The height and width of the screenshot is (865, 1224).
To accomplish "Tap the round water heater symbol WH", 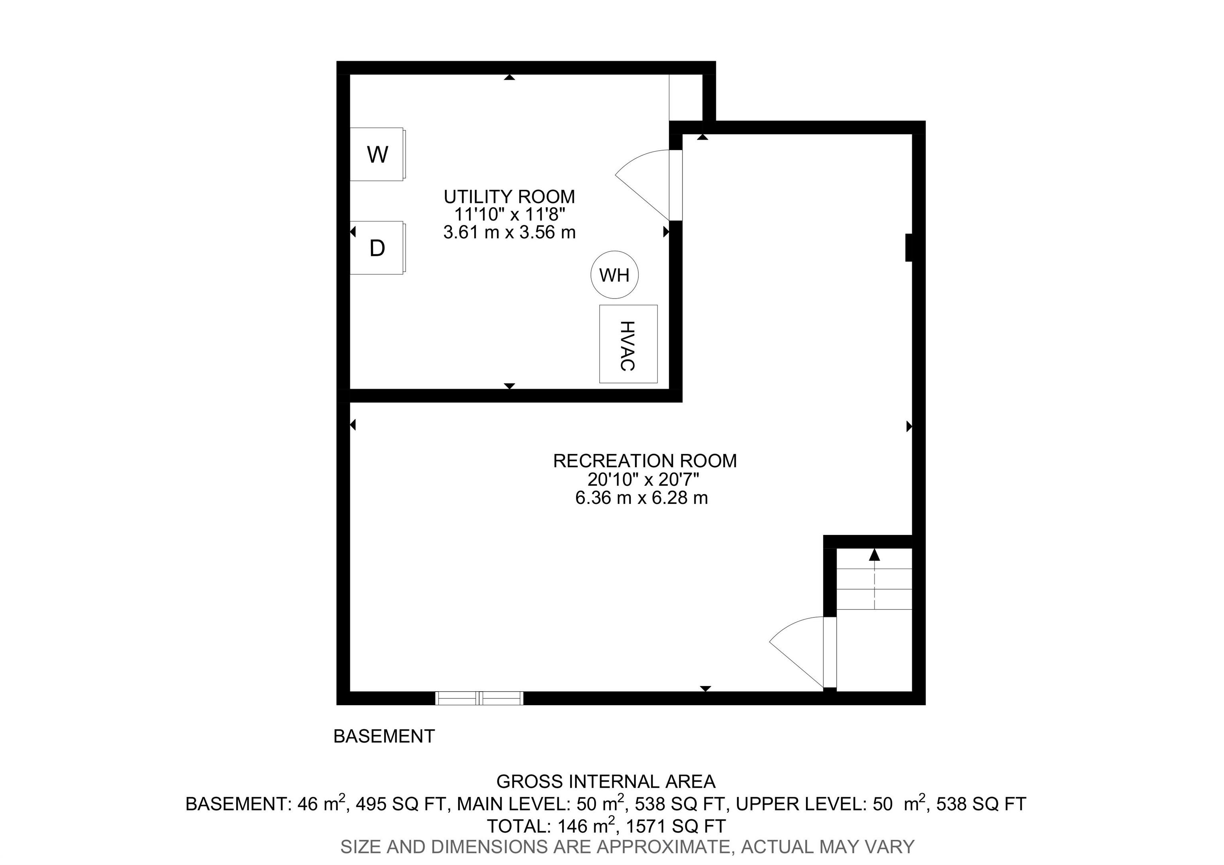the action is (615, 275).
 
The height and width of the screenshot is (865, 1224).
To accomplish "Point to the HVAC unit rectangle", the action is (628, 344).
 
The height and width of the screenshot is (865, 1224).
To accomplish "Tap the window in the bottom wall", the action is (479, 698).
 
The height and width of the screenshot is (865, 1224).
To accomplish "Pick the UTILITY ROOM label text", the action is (509, 197).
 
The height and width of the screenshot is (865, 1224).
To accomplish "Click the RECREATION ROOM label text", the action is (645, 461).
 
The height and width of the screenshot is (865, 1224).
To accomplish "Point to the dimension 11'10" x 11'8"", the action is (509, 214).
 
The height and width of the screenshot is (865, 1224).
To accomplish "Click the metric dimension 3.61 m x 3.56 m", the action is (509, 232).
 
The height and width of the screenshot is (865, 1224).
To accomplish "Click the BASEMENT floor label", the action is (384, 737).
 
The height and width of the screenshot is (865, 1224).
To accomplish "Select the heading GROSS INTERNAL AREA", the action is (606, 782).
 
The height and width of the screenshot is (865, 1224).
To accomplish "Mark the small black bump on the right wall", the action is (910, 248).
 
